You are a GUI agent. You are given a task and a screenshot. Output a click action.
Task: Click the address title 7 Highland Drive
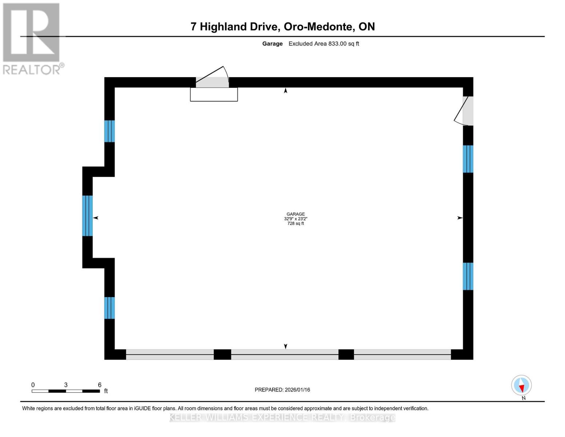tap(282, 27)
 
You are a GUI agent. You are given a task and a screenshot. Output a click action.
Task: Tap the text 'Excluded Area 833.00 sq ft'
tap(324, 44)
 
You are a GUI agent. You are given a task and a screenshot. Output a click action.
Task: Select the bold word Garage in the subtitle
tap(272, 44)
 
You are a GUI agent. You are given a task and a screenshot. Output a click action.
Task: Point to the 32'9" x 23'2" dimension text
tap(295, 219)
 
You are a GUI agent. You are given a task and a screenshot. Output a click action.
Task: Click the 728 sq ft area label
tap(295, 224)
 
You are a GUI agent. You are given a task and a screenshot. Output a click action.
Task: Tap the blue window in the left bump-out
tap(87, 216)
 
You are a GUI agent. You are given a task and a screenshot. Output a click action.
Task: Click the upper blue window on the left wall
tap(110, 131)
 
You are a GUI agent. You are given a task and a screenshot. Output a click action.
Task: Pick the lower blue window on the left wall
tap(110, 308)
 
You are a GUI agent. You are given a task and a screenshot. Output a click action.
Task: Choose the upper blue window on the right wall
tap(468, 159)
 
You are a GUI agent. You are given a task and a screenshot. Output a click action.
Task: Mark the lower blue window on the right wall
tap(468, 276)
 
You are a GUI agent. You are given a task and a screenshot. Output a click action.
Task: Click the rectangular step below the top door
tap(214, 94)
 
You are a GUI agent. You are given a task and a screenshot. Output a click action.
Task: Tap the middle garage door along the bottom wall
tap(285, 354)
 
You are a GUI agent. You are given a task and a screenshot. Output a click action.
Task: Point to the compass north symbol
tap(521, 385)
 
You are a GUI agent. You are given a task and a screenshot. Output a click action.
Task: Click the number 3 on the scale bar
tap(66, 385)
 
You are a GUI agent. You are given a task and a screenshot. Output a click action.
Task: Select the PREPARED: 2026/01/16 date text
tap(282, 390)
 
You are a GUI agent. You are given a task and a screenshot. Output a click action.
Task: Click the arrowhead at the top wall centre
tap(286, 91)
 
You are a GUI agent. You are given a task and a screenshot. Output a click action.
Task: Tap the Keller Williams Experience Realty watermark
tap(282, 417)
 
